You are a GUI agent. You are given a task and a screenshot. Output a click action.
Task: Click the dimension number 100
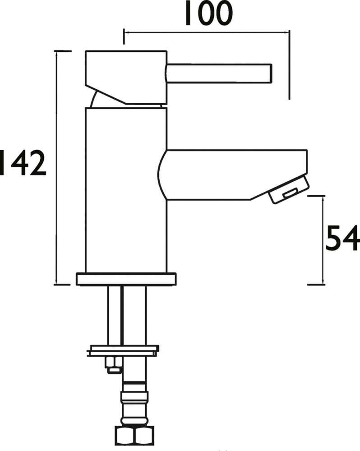coord(208,14)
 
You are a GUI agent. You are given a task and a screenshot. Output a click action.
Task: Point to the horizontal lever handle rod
coord(219,74)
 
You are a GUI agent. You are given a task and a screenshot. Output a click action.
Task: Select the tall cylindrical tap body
coord(126,189)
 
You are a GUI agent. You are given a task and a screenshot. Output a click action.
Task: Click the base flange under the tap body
coord(126,279)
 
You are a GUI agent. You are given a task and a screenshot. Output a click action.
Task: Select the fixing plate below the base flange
coord(124,350)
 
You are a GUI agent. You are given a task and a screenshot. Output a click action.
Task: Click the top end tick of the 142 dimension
coord(63,51)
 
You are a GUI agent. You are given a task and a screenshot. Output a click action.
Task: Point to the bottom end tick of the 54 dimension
coord(316,285)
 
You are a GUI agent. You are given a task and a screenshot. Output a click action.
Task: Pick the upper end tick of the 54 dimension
coord(316,196)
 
